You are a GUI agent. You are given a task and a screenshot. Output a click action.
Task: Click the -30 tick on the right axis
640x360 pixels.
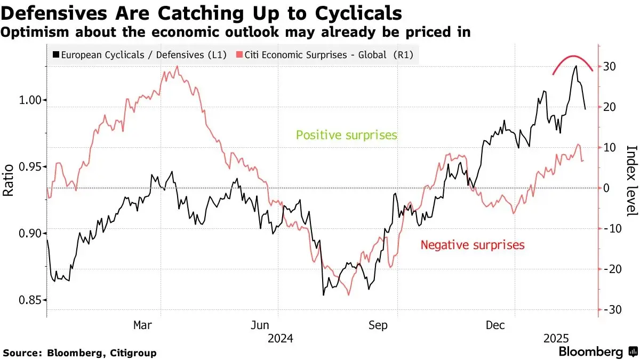point(611,309)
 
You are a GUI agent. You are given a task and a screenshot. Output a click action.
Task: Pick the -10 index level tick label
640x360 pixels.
point(611,228)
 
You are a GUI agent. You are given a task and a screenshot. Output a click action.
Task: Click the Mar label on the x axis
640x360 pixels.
point(142,324)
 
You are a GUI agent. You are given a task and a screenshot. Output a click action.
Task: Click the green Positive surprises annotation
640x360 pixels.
point(347,135)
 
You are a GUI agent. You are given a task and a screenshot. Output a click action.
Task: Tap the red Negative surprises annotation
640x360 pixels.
point(473,245)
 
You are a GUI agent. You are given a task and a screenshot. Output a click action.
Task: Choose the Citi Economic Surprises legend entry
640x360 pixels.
point(325,54)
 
